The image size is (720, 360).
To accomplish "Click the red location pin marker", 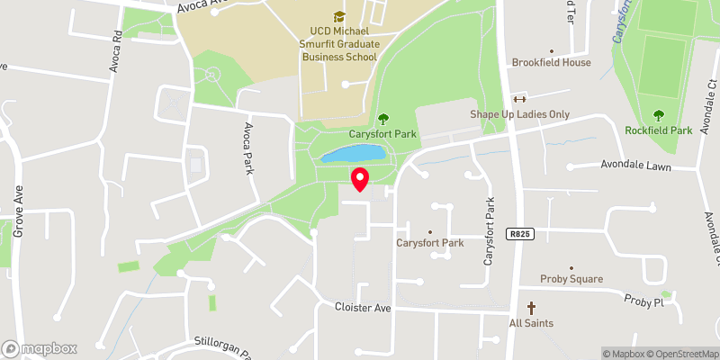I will (360, 178).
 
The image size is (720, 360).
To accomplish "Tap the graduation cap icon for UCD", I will (338, 16).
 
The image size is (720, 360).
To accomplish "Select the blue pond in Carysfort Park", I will (354, 155).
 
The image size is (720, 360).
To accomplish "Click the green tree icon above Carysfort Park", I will (383, 118).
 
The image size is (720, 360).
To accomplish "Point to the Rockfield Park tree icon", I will (659, 114).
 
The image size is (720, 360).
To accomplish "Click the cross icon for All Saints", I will (531, 308).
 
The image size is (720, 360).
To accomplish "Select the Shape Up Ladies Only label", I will (520, 114).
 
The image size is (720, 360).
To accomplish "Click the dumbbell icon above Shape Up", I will (518, 99).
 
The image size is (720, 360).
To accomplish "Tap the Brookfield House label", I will (552, 63).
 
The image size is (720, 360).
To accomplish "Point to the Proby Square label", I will (571, 279).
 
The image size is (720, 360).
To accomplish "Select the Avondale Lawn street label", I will (635, 166).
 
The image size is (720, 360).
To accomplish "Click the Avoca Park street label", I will (247, 148).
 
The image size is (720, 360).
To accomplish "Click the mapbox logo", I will (40, 348).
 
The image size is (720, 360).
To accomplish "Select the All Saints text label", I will (531, 323).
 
